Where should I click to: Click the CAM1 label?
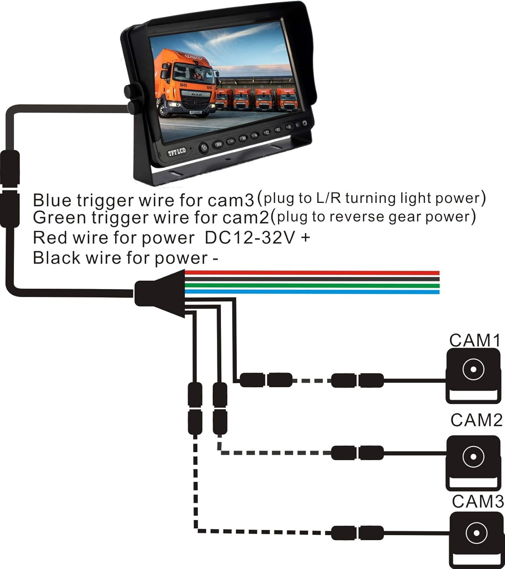(475, 340)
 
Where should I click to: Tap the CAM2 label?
(476, 420)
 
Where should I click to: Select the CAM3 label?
(478, 501)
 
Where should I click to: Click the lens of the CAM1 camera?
(473, 369)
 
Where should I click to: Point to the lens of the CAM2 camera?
(473, 456)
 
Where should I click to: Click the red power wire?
(311, 273)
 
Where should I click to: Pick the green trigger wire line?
(311, 286)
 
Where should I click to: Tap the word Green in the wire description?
(59, 218)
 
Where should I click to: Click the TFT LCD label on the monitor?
(177, 152)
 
